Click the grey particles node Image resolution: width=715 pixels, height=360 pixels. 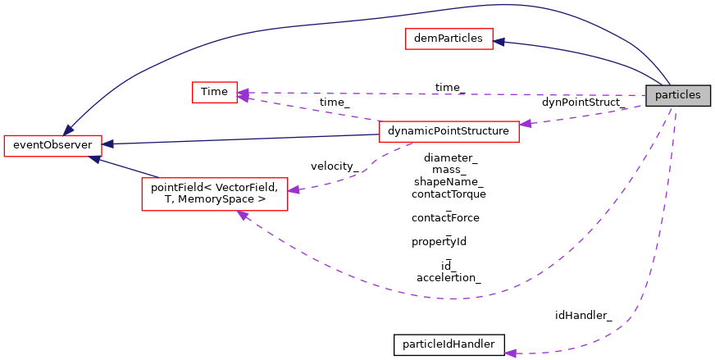[x=677, y=95]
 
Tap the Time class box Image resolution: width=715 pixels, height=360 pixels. [x=214, y=92]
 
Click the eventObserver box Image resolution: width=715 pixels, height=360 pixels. [x=52, y=145]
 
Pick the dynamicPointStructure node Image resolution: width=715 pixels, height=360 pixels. [x=449, y=131]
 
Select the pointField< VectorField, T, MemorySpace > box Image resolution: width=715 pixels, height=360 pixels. [x=214, y=194]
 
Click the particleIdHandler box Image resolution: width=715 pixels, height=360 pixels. [x=449, y=344]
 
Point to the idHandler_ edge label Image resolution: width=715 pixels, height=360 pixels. [x=583, y=315]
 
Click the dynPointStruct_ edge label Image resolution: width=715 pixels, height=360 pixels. [x=583, y=103]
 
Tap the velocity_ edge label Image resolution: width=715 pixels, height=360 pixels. [x=334, y=166]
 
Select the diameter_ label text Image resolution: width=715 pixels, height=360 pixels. [x=450, y=157]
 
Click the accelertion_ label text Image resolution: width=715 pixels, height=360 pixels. [x=449, y=278]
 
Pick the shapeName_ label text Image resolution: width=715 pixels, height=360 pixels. [x=449, y=181]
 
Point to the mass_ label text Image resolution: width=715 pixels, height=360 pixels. [x=449, y=170]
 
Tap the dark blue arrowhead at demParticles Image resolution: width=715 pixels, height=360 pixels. [x=499, y=41]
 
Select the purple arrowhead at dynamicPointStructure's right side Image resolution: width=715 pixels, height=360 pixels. [x=526, y=124]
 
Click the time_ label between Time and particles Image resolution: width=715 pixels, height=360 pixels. [x=449, y=87]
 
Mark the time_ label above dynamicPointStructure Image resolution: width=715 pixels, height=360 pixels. [x=334, y=103]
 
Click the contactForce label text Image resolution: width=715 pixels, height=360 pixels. [x=445, y=218]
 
